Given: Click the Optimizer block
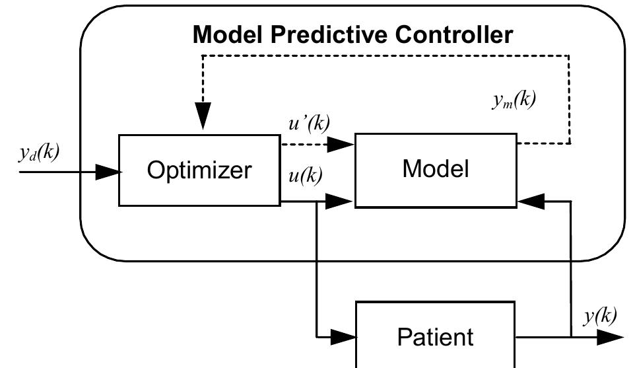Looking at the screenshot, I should point(199,170).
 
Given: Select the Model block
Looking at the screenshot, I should point(436,170).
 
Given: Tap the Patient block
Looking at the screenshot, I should point(436,337).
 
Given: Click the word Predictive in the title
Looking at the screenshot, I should point(317,34).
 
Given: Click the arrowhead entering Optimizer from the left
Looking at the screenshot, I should point(108,172).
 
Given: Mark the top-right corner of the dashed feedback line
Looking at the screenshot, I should point(569,55).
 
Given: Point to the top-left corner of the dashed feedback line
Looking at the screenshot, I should point(203,55).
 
